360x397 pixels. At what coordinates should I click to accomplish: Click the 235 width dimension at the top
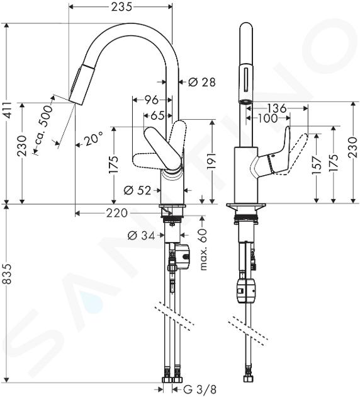[x=121, y=7]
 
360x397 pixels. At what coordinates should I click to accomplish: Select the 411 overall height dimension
[x=8, y=110]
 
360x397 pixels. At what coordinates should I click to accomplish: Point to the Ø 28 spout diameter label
[x=202, y=82]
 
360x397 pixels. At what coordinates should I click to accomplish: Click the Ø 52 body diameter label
[x=137, y=190]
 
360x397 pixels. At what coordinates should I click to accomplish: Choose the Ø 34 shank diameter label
[x=141, y=236]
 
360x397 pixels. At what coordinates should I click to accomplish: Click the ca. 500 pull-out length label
[x=43, y=129]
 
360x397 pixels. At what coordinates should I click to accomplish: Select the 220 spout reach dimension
[x=116, y=214]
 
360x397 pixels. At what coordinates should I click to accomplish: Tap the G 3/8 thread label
[x=198, y=389]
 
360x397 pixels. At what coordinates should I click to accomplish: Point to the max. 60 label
[x=203, y=249]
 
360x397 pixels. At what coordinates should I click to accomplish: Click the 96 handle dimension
[x=151, y=100]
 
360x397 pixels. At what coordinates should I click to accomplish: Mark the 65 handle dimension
[x=157, y=116]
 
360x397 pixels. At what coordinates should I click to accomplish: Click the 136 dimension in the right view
[x=276, y=108]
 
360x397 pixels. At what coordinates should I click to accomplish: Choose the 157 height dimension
[x=317, y=165]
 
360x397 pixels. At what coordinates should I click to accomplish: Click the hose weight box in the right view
[x=245, y=290]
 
